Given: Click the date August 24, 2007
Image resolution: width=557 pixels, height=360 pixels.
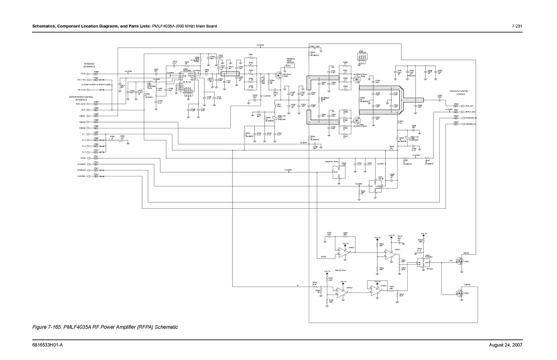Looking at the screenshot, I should [505, 345].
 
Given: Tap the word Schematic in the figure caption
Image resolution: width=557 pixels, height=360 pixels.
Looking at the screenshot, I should [166, 327].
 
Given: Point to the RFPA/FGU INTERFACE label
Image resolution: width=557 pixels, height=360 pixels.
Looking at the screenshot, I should [89, 65].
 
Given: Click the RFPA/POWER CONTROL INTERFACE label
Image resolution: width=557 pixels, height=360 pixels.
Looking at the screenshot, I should [81, 98].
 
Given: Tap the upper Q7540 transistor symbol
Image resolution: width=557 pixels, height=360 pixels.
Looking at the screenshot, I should [356, 80].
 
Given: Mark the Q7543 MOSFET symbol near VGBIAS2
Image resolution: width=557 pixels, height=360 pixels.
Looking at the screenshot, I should [460, 293].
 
